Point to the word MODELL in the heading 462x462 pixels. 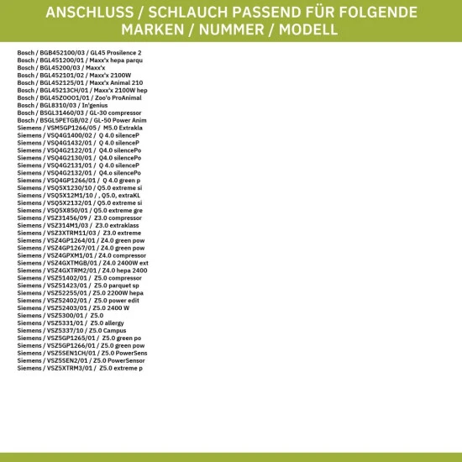coord(308,30)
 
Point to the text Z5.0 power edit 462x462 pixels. coord(117,300)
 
